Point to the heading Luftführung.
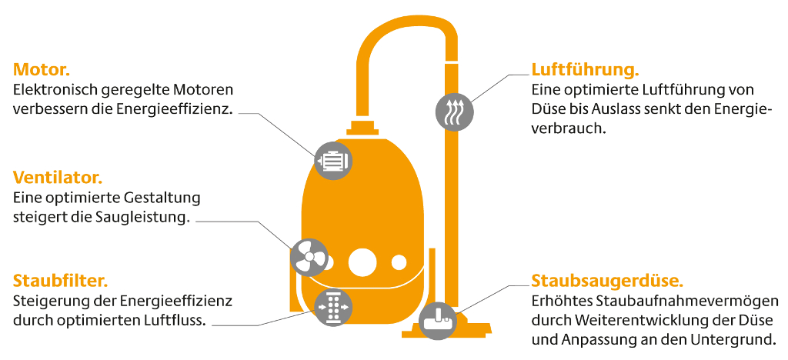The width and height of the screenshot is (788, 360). (586, 69)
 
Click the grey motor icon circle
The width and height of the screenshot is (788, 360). (333, 160)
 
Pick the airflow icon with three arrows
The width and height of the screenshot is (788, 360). (455, 112)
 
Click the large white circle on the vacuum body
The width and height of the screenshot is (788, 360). (363, 262)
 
